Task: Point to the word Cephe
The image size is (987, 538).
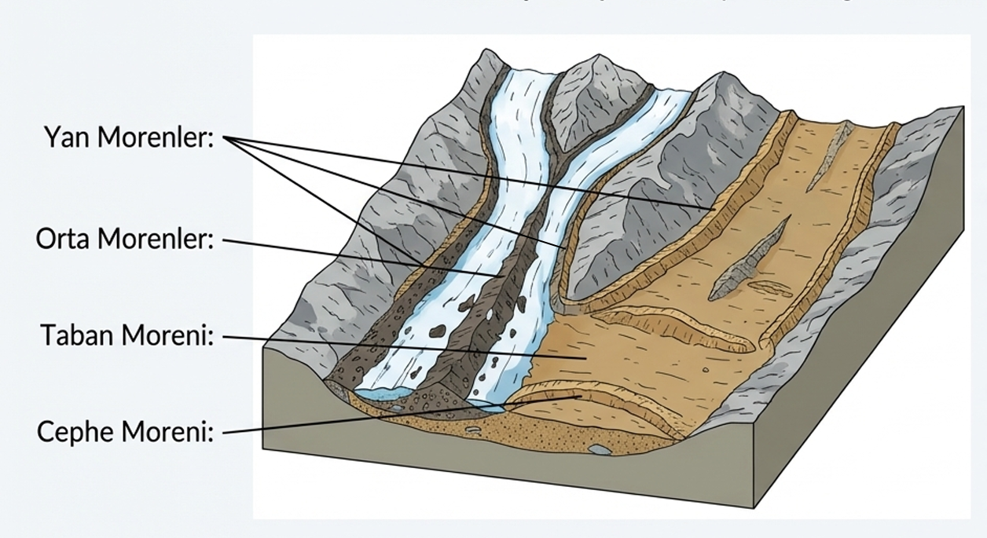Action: tap(74, 431)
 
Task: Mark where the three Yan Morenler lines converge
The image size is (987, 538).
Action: tap(226, 138)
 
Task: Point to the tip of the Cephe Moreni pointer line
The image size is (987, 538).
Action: tap(582, 397)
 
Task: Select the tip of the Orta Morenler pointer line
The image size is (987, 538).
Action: tap(503, 276)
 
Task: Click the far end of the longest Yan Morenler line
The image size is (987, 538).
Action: tap(714, 208)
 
